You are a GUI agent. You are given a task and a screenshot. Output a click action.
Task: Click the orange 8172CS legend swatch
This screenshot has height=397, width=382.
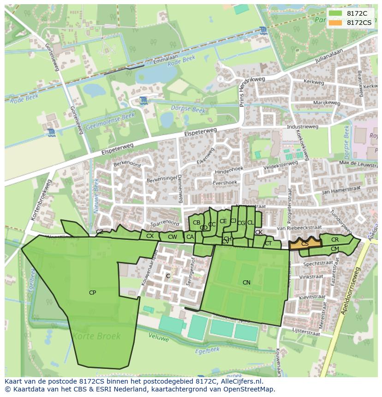point(335,23)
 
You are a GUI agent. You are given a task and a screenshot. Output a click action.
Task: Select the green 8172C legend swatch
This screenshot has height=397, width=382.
point(335,13)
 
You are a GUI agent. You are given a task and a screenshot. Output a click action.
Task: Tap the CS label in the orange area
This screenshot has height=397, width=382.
point(304,244)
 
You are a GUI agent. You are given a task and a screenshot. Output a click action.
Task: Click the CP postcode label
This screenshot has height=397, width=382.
point(92,292)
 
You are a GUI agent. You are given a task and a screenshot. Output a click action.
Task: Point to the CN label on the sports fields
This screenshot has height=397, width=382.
point(246,282)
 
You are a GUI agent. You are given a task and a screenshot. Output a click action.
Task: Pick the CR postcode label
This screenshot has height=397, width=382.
point(335,239)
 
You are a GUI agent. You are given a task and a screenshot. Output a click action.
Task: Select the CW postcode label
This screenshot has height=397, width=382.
point(172,237)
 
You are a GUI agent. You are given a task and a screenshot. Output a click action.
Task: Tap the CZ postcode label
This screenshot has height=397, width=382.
point(100,232)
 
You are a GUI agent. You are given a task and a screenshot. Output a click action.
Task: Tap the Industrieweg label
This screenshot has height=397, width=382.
point(302,126)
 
